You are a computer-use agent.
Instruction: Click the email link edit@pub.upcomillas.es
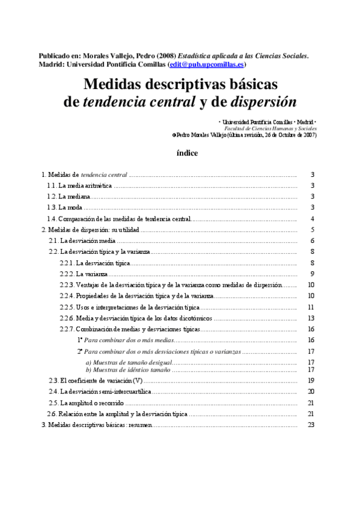pyautogui.click(x=207, y=64)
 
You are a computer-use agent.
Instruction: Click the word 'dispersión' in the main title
pyautogui.click(x=264, y=102)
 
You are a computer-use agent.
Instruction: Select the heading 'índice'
pyautogui.click(x=187, y=153)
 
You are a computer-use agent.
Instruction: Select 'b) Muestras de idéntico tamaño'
pyautogui.click(x=128, y=369)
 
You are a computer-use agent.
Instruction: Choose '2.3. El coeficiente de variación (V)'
pyautogui.click(x=96, y=381)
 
